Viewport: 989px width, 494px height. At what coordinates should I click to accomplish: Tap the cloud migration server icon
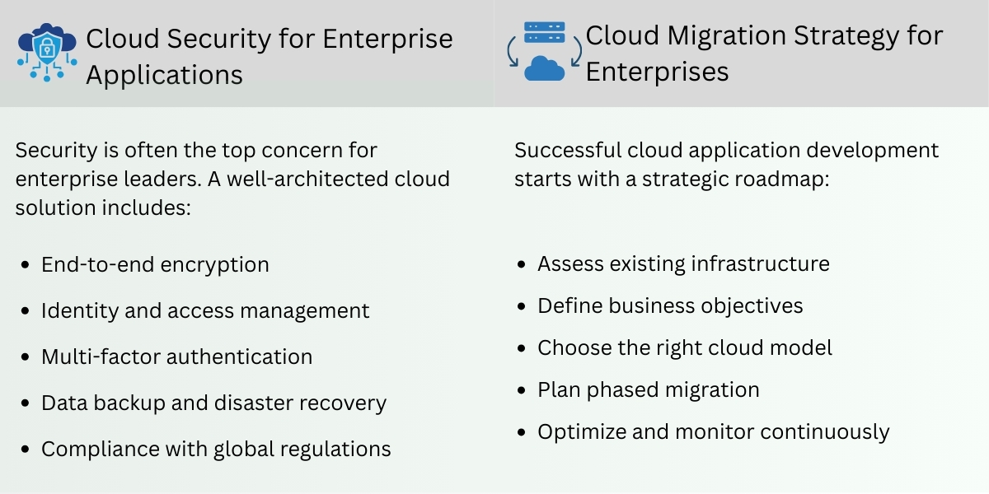(x=544, y=51)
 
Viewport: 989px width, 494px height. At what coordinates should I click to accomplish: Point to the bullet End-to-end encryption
(x=155, y=264)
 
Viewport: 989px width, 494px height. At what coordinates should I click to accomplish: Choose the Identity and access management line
(x=205, y=310)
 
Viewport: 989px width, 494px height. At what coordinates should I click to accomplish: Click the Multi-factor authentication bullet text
(x=176, y=357)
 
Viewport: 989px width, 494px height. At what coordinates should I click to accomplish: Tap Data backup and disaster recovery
(x=213, y=403)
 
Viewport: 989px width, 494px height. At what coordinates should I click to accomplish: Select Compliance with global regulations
(x=216, y=449)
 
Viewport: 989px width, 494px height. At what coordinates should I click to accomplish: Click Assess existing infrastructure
(x=683, y=263)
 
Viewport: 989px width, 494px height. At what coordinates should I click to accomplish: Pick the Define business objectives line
(x=670, y=306)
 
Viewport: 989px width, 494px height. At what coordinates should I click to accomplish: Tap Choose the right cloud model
(x=685, y=347)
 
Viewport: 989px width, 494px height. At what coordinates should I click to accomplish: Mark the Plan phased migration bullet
(x=648, y=389)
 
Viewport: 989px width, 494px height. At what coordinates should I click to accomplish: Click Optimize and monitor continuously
(x=713, y=431)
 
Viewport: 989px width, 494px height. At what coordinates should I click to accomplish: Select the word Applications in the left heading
(x=164, y=75)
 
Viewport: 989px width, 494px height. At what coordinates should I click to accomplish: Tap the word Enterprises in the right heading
(x=657, y=72)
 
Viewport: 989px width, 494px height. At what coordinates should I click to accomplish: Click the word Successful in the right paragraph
(x=567, y=151)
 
